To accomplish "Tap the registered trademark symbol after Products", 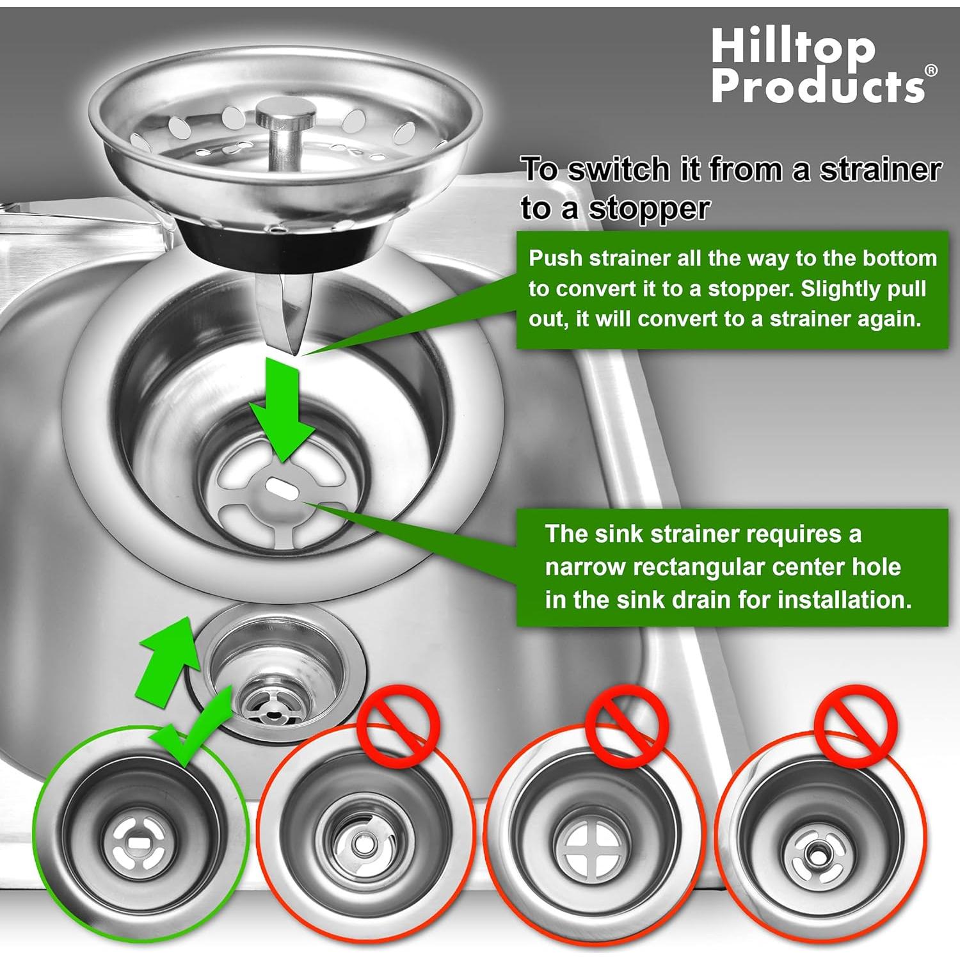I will [931, 70].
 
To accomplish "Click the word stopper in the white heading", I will [649, 209].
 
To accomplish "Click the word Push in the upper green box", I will [555, 258].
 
